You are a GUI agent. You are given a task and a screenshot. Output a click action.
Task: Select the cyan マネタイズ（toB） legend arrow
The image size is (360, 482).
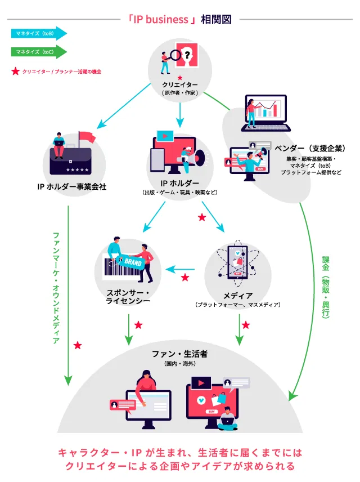[38, 33]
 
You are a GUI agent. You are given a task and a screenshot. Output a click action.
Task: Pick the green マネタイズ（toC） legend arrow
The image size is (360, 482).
[38, 52]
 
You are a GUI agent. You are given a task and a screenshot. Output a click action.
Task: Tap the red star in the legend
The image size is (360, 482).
[15, 72]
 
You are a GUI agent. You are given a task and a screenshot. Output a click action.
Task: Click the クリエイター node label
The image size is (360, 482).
[180, 86]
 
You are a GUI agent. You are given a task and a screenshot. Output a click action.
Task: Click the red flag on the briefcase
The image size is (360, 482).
[87, 137]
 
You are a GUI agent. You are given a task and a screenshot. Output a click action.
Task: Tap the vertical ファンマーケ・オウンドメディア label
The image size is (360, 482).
[56, 287]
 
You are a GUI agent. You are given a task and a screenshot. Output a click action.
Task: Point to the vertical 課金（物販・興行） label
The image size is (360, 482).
[326, 287]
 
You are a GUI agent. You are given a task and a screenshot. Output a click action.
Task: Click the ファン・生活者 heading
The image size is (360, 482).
[180, 354]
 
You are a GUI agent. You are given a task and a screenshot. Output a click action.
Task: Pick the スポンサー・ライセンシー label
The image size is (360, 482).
[128, 297]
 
